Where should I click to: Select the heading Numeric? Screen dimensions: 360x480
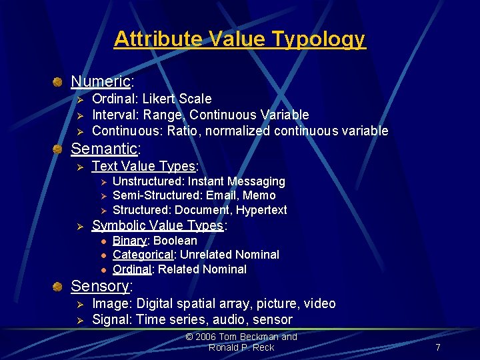pos(101,81)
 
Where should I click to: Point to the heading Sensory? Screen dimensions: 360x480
pos(100,286)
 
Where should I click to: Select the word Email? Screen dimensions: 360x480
pos(222,195)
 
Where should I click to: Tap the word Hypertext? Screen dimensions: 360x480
pos(261,210)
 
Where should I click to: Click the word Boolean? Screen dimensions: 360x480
pos(175,241)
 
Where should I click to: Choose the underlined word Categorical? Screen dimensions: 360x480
pos(143,255)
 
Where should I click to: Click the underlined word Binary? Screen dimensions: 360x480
pos(129,241)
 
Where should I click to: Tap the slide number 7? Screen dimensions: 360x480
pos(437,347)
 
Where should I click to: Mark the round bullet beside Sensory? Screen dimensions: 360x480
pos(59,287)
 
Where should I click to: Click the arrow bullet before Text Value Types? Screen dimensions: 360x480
pos(79,167)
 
